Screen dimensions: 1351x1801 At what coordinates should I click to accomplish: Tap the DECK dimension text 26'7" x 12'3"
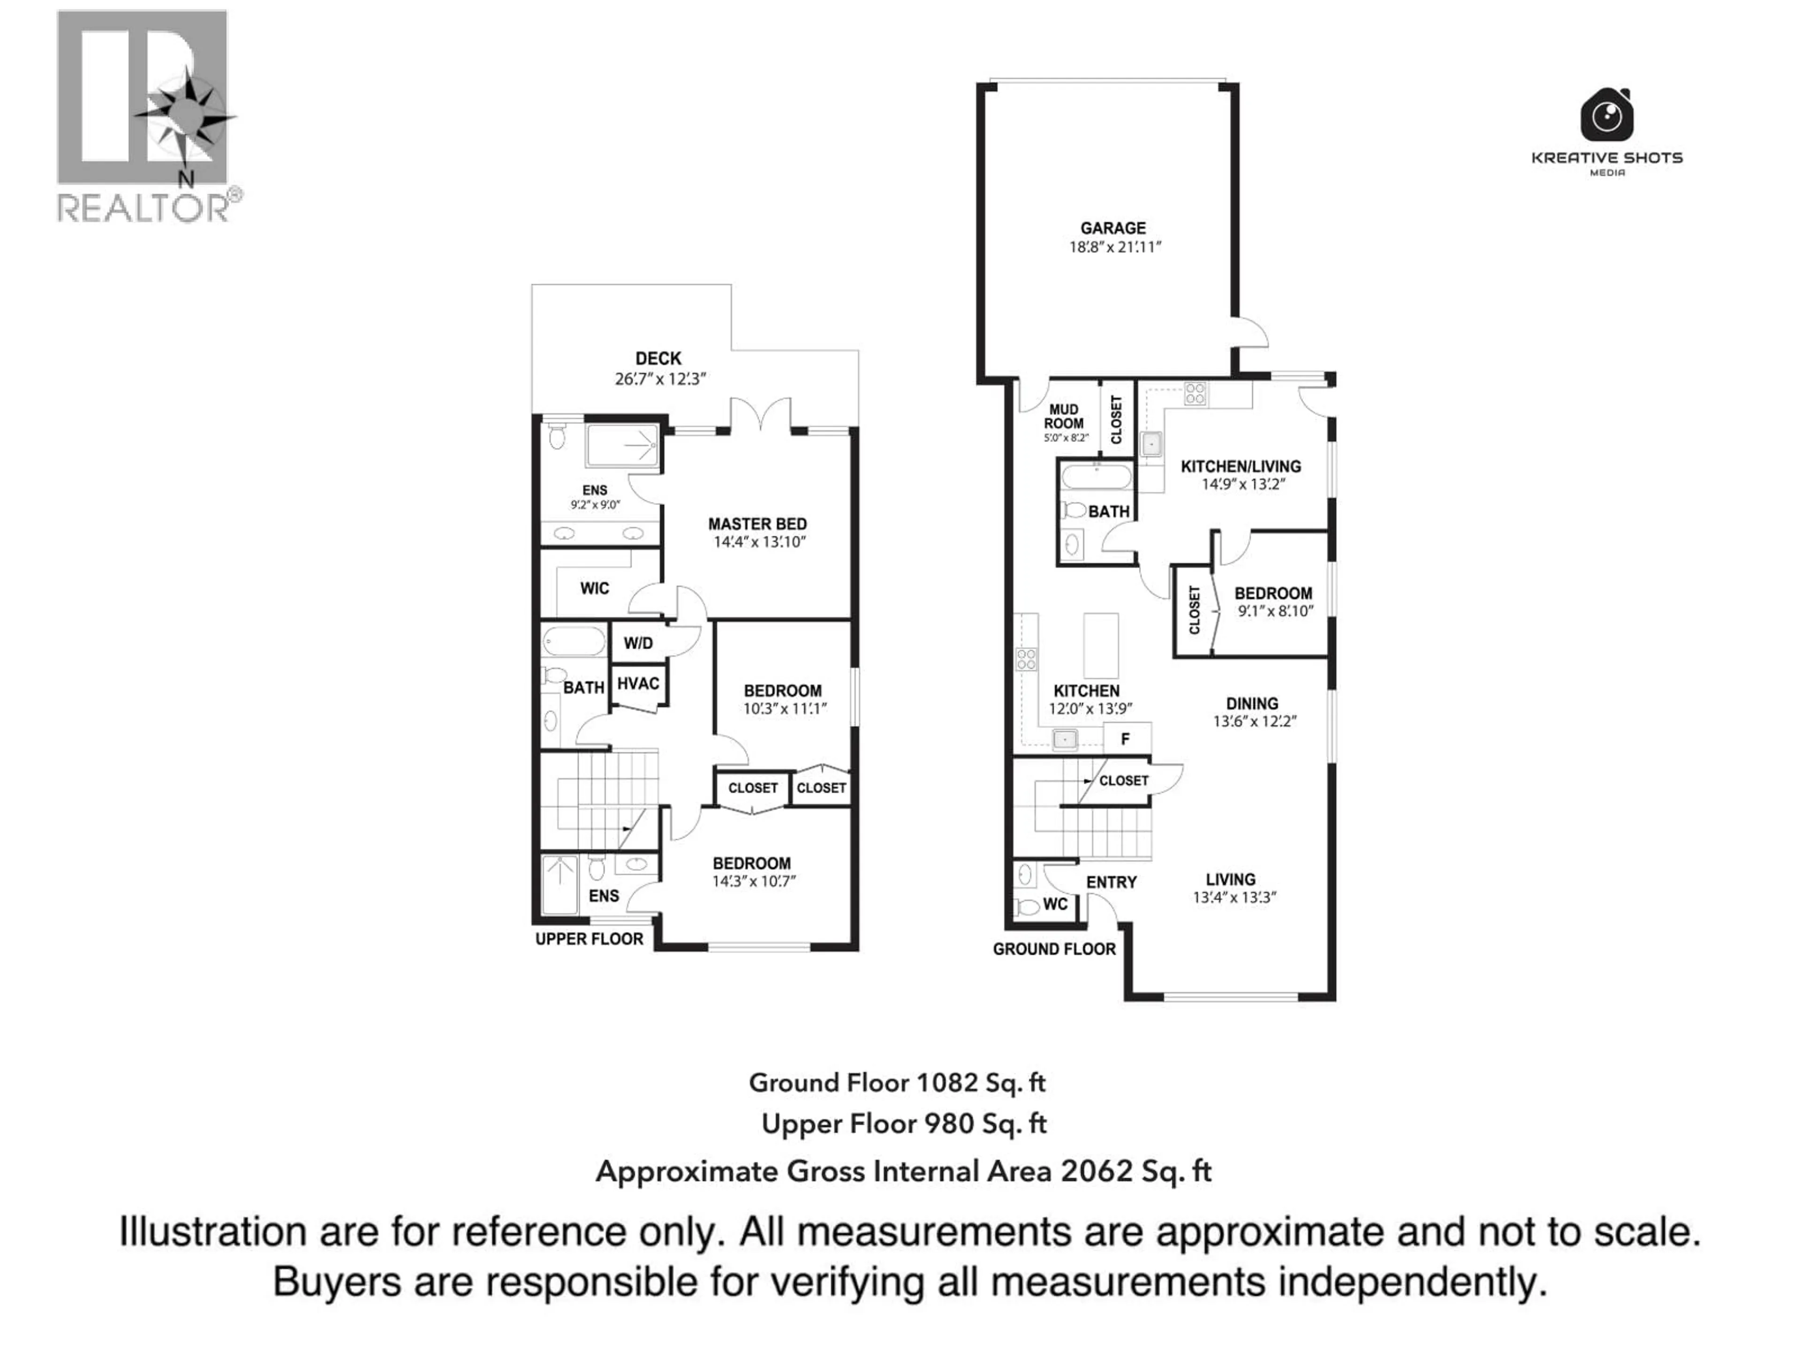(x=659, y=379)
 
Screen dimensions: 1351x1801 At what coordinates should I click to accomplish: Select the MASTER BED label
(x=757, y=524)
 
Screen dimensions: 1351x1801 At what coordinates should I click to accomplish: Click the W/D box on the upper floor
(x=638, y=643)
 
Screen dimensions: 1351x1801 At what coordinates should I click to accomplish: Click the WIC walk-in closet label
(x=594, y=588)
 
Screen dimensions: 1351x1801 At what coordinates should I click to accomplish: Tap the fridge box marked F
(x=1126, y=739)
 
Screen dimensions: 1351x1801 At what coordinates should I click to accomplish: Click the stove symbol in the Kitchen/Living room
(x=1195, y=394)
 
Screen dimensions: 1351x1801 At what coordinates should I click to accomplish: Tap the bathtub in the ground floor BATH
(x=1096, y=477)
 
